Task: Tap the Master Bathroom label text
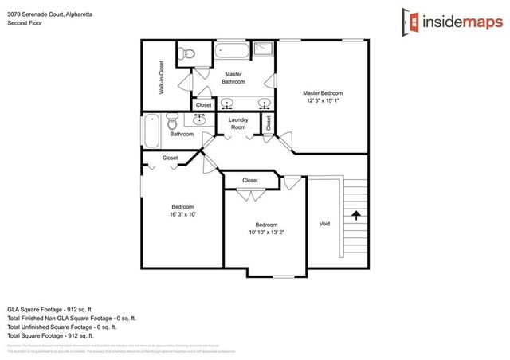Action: [x=233, y=78]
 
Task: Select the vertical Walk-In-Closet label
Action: [x=161, y=78]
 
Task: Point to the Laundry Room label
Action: [x=239, y=123]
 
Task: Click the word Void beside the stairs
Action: [x=324, y=223]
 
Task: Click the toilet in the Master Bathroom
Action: [x=185, y=54]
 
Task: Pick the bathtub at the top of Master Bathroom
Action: [x=232, y=53]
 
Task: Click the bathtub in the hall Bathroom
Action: [x=151, y=126]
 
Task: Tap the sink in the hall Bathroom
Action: [x=199, y=119]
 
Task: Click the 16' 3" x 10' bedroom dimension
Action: [x=182, y=214]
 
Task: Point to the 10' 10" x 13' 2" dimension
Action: [x=266, y=233]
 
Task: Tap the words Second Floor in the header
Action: [x=24, y=23]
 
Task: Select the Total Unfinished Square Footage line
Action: [x=61, y=326]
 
